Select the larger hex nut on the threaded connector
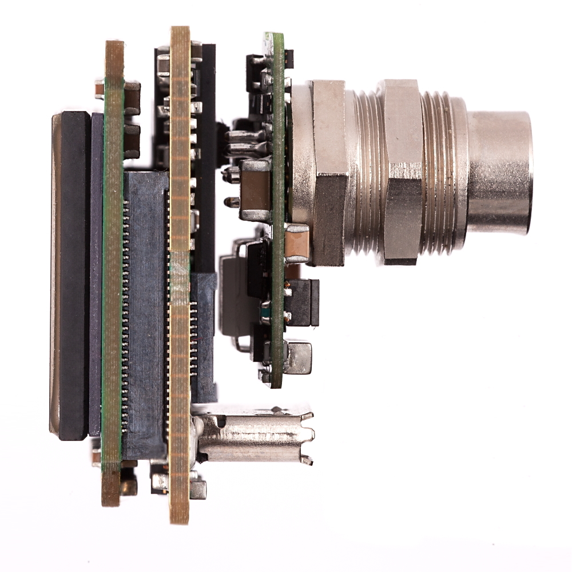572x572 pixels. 402,172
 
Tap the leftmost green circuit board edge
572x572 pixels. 112,275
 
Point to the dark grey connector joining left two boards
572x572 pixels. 145,315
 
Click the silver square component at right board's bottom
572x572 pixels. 299,357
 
